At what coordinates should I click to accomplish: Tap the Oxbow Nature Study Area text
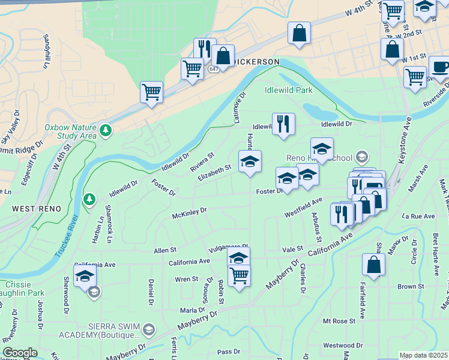pyautogui.click(x=70, y=131)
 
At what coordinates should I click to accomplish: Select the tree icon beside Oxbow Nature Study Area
pyautogui.click(x=106, y=130)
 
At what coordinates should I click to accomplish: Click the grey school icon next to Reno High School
pyautogui.click(x=361, y=157)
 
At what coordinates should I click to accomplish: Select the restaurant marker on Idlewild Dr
pyautogui.click(x=283, y=124)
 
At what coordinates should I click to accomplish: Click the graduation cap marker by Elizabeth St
pyautogui.click(x=250, y=161)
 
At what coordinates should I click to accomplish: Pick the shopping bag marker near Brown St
pyautogui.click(x=373, y=265)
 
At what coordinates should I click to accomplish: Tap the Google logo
pyautogui.click(x=20, y=353)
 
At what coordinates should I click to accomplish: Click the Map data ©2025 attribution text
pyautogui.click(x=423, y=355)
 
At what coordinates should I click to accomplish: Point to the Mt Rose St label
pyautogui.click(x=339, y=322)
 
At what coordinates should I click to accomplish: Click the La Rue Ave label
pyautogui.click(x=418, y=215)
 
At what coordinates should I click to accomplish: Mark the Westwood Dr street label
pyautogui.click(x=342, y=346)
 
